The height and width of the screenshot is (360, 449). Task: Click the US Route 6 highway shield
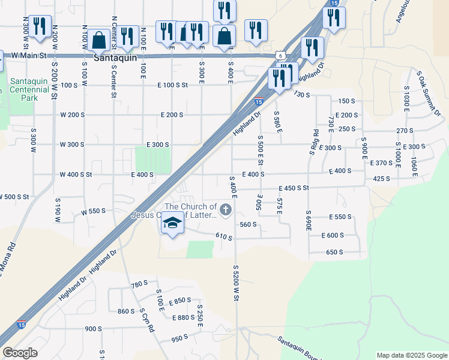point(281,55)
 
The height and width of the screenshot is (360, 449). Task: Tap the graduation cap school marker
point(173,223)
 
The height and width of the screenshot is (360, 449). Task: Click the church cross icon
point(226,209)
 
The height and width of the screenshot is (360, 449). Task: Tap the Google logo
point(20,353)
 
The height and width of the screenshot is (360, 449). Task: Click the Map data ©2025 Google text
point(411,355)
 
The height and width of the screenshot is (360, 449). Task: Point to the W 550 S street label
point(93,211)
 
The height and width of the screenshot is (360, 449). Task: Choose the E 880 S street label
point(183,317)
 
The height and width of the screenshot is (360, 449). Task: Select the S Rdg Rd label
point(313,142)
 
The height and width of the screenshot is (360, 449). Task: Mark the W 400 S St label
point(76,175)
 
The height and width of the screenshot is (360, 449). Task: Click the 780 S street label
point(139,284)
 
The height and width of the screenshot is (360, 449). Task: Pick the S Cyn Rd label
point(147,321)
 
